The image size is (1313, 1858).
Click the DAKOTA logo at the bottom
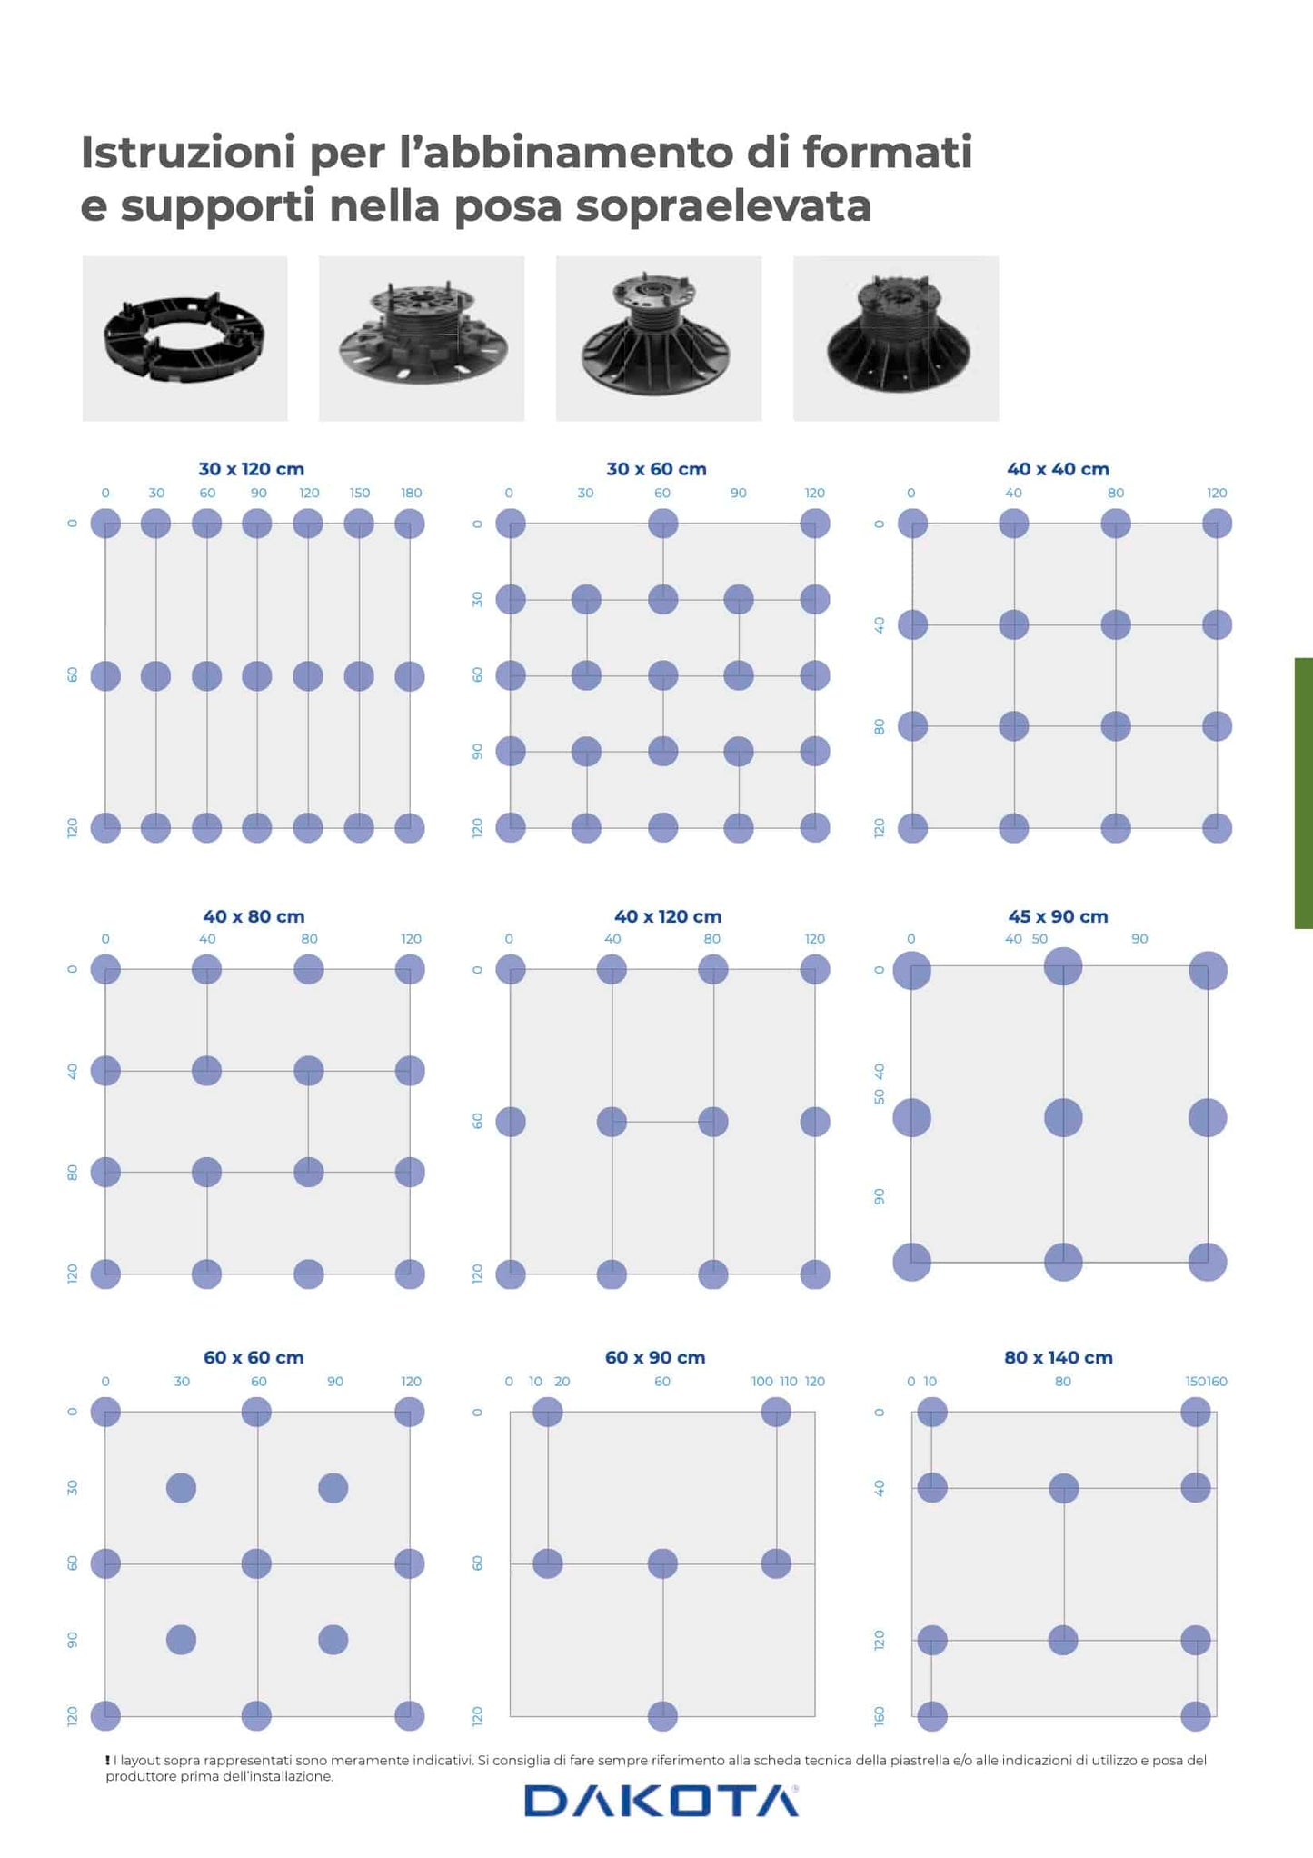coord(661,1801)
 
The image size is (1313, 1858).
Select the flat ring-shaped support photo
coord(184,338)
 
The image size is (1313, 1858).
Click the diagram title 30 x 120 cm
coord(252,469)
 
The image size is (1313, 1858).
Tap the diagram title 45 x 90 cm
coord(1058,916)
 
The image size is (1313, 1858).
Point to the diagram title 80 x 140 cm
coord(1059,1357)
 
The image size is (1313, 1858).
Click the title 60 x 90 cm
coord(655,1357)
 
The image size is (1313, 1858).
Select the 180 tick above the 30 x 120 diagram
coord(411,493)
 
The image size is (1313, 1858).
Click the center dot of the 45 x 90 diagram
coord(1063,1117)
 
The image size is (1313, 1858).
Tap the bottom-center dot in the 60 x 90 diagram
coord(662,1715)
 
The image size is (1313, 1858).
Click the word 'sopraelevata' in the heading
coord(723,205)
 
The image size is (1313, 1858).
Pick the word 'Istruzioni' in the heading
coord(188,152)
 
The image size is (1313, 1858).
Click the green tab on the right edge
coord(1304,793)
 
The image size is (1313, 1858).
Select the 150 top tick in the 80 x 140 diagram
coord(1196,1381)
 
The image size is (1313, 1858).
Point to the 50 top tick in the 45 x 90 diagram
coord(1039,939)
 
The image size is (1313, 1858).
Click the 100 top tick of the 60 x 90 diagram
coord(762,1381)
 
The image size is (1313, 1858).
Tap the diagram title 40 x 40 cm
coord(1058,469)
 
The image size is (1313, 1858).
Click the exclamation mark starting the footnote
coord(107,1760)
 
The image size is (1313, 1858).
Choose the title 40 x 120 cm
coord(668,916)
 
